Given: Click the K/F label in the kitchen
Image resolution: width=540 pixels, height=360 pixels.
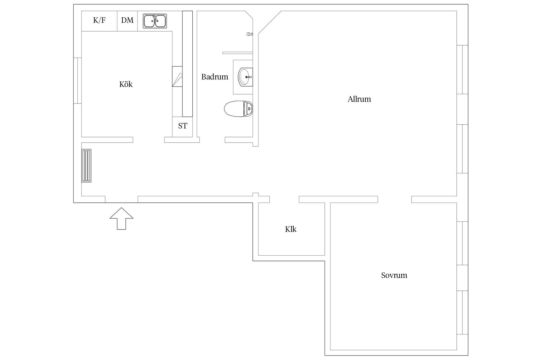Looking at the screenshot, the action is coord(99,20).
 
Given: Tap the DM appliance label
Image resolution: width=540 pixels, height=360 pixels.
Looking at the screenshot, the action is coord(127,20).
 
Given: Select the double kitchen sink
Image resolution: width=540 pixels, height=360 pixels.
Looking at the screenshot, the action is coord(155,21).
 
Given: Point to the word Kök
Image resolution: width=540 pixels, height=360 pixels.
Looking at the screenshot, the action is coord(126,84).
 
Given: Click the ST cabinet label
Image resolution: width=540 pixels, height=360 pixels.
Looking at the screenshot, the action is coord(183,126).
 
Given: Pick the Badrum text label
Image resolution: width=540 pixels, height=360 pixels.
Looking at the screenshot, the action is coord(215,77).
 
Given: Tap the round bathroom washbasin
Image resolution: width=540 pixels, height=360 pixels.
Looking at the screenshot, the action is coord(245,77).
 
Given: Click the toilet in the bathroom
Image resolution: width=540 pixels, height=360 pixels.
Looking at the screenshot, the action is coord(238,109).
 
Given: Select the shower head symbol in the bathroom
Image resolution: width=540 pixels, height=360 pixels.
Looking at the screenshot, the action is coord(249,34).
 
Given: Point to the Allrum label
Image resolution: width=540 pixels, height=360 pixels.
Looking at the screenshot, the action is coord(359,99).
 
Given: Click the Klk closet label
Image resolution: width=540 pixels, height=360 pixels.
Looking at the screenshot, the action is coord(291,229).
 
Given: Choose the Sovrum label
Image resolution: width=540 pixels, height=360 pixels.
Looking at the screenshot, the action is coord(394,275).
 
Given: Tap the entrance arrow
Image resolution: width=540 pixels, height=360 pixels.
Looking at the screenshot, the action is coord(121,219).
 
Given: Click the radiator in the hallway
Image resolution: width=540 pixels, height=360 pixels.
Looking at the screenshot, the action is coord(86,166).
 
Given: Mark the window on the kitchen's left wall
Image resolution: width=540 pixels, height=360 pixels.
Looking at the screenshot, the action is coord(78,80).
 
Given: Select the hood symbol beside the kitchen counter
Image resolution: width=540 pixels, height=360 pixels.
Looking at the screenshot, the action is coord(177,76).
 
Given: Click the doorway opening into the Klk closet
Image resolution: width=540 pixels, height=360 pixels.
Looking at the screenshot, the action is coord(284,199).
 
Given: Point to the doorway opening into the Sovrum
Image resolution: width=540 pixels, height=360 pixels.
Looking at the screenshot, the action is coord(395,199).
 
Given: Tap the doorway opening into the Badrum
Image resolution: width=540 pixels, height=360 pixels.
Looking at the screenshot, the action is coord(212,140).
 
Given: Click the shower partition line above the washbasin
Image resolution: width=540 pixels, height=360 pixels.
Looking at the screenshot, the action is coord(238,53).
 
